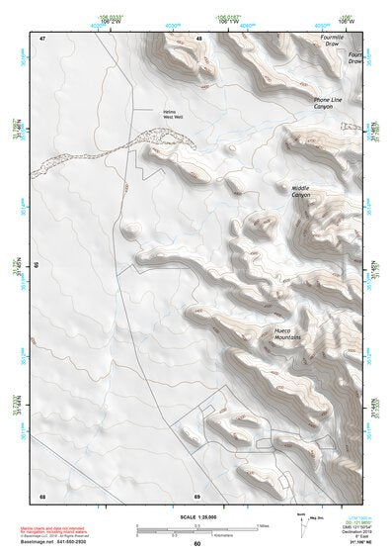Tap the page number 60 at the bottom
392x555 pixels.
(x=196, y=543)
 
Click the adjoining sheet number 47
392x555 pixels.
(x=42, y=38)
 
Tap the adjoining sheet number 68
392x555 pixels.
(x=42, y=495)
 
